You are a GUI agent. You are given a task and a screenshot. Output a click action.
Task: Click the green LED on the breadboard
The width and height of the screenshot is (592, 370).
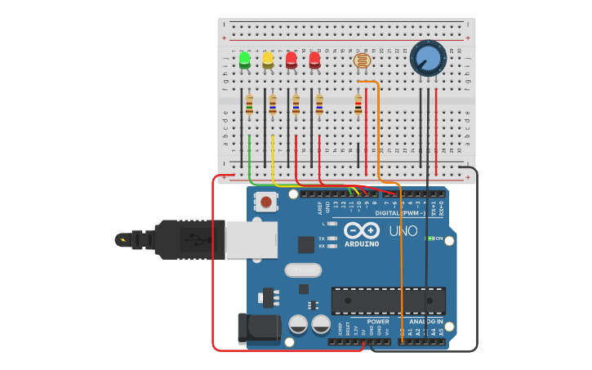[244, 60]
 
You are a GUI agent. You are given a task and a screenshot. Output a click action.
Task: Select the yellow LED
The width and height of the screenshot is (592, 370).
[268, 60]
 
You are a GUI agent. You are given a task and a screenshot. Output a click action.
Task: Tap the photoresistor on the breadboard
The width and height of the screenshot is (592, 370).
[361, 60]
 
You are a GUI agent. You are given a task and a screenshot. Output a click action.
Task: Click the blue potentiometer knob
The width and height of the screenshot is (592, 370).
[428, 58]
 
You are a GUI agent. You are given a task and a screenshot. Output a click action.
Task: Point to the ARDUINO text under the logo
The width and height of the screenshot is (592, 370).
[362, 243]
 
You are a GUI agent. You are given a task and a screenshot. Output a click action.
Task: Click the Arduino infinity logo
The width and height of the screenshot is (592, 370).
[362, 230]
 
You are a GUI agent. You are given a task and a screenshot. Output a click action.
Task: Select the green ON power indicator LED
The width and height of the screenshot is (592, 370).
[430, 238]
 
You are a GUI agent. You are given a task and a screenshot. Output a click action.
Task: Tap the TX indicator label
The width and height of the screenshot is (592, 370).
[322, 237]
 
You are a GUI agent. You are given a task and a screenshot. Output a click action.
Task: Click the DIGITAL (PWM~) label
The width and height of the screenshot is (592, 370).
[400, 212]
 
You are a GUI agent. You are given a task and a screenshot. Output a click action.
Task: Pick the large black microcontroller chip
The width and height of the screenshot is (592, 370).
[388, 301]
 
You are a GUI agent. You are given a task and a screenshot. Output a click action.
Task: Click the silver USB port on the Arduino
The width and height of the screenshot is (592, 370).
[251, 239]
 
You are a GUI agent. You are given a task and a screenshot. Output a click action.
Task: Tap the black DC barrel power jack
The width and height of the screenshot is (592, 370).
[259, 328]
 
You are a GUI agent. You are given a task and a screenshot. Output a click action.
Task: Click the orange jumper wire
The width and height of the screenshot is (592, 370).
[379, 131]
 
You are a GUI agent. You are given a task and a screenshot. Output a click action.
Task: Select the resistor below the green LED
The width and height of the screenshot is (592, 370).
[249, 105]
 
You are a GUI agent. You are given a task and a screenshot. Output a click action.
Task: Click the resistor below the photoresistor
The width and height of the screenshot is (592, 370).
[358, 105]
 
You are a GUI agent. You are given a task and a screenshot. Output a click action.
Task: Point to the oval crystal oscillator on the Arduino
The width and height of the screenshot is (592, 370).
[303, 270]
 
